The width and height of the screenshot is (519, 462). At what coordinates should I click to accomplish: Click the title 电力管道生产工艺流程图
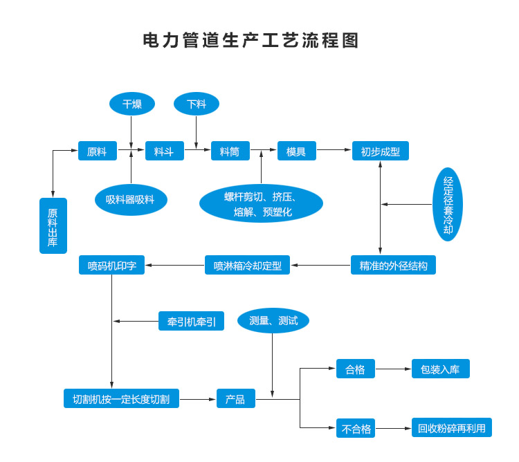click(251, 40)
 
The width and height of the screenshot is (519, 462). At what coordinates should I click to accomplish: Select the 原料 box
click(97, 151)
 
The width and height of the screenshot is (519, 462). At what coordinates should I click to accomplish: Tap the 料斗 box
click(164, 151)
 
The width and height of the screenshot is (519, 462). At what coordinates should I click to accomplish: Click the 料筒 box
click(230, 151)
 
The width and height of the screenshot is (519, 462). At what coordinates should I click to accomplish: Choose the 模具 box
click(296, 151)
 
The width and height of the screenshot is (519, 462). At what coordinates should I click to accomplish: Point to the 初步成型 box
click(380, 151)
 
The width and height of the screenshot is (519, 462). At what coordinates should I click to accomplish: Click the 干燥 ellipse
click(131, 104)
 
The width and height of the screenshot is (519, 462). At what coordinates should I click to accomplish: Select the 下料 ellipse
click(197, 104)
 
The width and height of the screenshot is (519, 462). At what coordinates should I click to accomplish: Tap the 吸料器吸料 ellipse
click(131, 200)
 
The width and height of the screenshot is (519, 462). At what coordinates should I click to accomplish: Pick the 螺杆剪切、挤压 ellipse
click(261, 203)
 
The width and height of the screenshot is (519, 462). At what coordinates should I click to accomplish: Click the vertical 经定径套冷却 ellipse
click(448, 204)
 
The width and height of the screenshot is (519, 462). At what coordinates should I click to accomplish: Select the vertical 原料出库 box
click(53, 225)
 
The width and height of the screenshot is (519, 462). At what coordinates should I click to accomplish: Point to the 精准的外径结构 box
click(393, 266)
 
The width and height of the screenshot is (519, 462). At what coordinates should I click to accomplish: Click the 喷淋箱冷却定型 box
click(247, 266)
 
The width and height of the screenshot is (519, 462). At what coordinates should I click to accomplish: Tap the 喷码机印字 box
click(111, 266)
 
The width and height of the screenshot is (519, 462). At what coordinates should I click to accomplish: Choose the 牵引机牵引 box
click(191, 322)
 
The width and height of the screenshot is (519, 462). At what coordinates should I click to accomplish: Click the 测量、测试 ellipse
click(273, 320)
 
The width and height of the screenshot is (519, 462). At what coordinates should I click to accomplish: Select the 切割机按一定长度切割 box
click(121, 398)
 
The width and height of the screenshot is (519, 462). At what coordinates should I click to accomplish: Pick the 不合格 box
click(356, 429)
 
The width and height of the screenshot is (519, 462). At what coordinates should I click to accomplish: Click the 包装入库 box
click(440, 369)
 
